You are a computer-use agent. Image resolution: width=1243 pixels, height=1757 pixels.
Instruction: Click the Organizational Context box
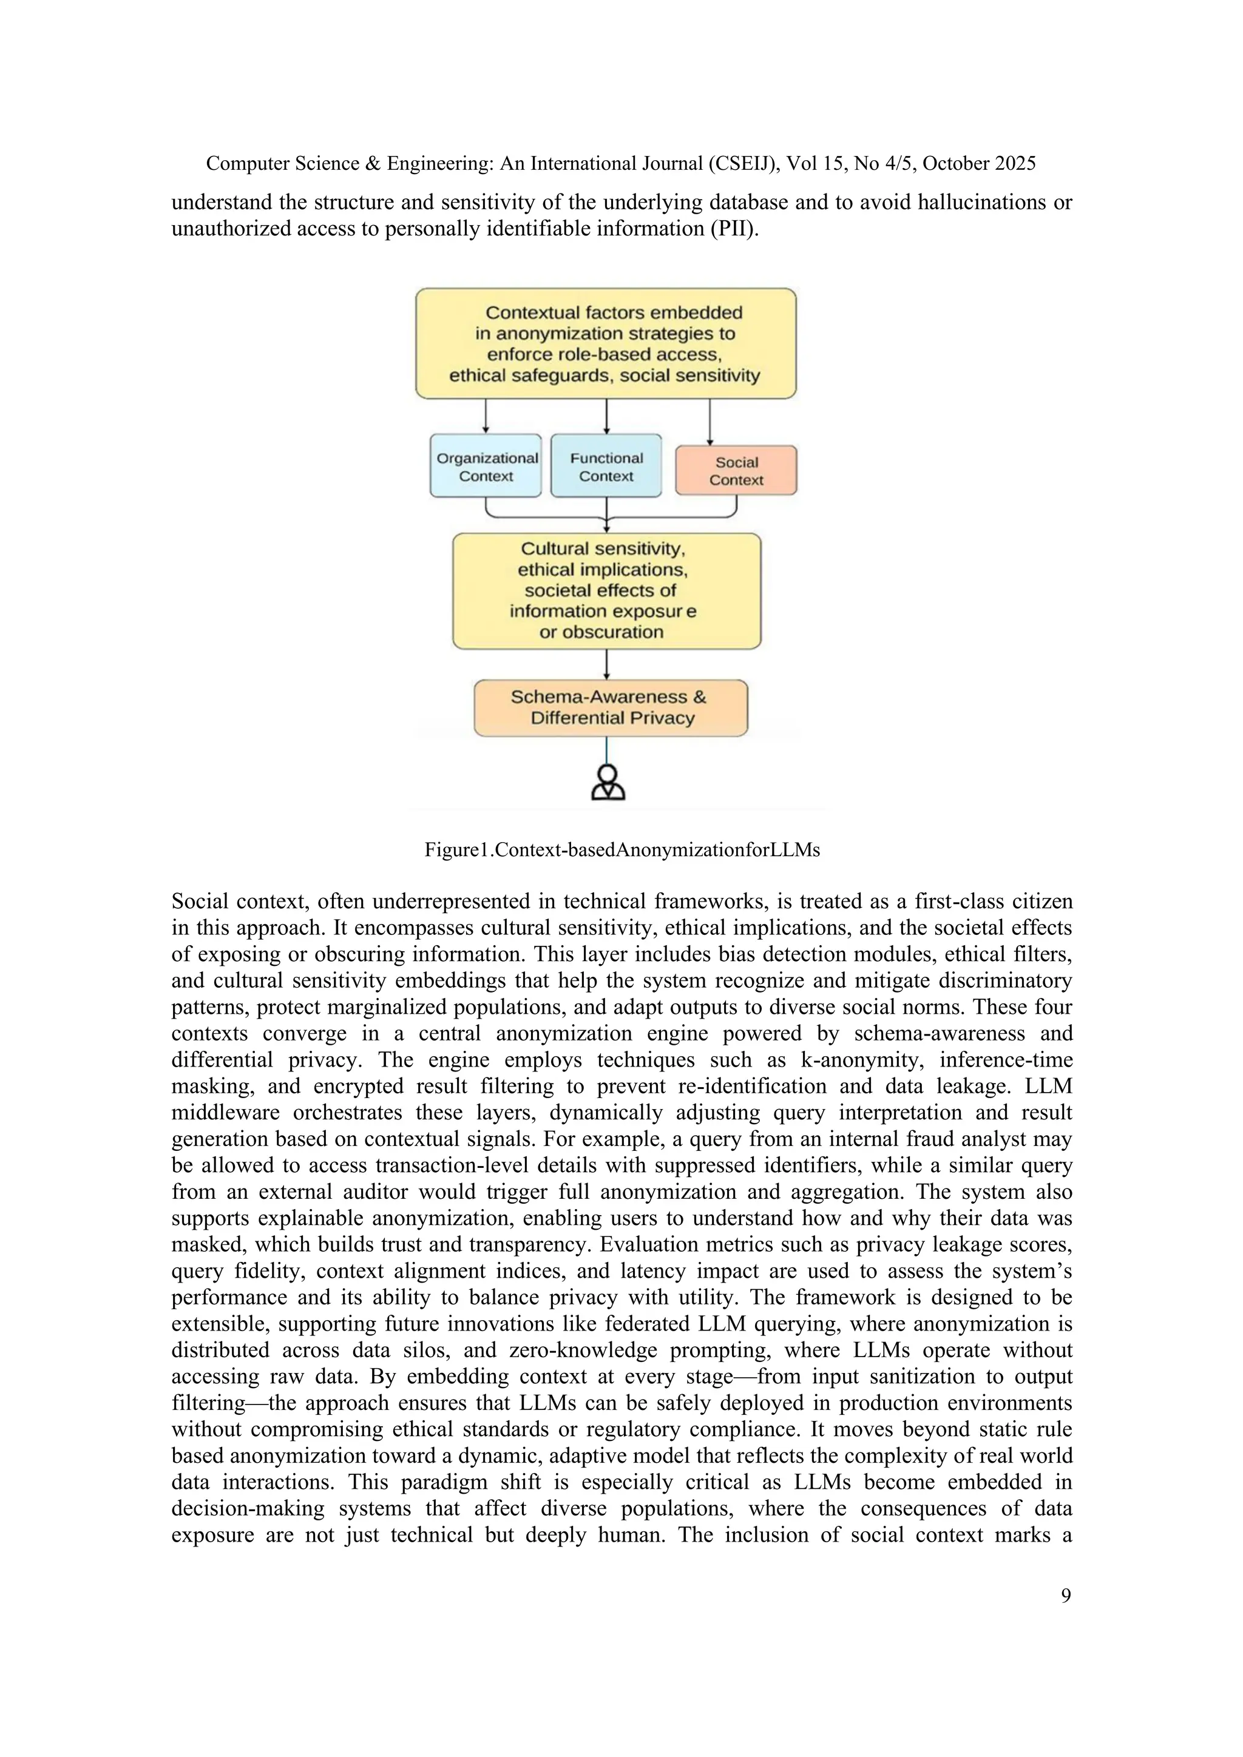click(486, 466)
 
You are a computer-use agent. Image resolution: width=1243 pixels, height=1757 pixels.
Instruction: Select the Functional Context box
click(606, 466)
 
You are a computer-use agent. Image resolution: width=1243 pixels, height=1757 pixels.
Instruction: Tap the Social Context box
click(736, 471)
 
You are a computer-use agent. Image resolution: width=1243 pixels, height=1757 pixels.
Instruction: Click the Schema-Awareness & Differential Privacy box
click(610, 708)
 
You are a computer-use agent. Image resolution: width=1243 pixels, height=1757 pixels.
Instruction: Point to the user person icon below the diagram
click(609, 782)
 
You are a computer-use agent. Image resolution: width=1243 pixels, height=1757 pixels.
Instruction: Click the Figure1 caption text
click(621, 850)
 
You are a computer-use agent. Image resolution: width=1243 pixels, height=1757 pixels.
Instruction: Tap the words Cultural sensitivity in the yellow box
click(602, 548)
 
